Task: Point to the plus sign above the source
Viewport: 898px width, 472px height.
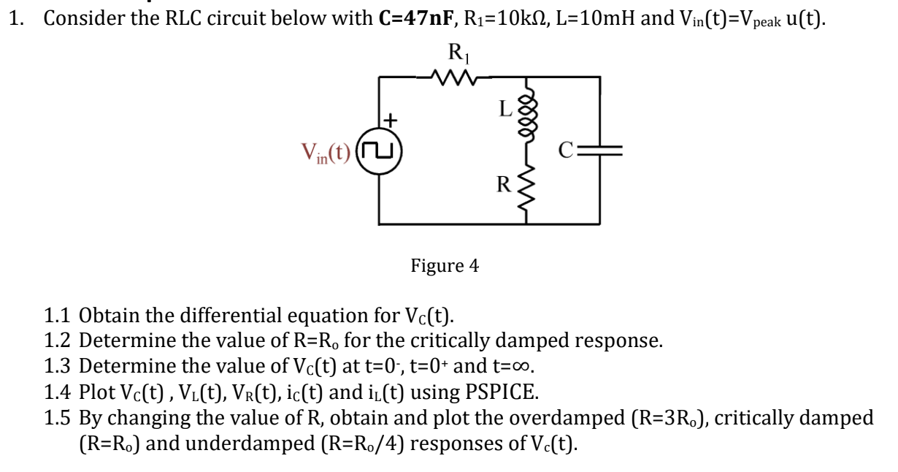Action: [392, 118]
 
